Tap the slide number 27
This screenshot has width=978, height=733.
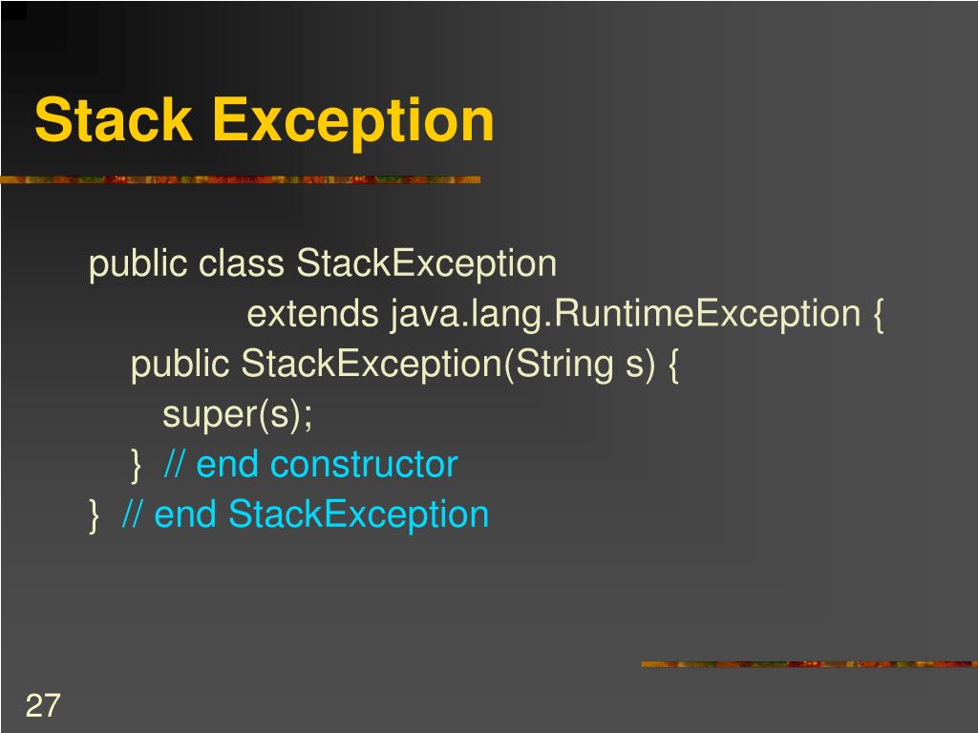click(43, 706)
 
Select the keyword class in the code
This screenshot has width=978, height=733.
click(242, 263)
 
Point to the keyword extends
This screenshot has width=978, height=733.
click(313, 314)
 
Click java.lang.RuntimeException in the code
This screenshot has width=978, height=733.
click(625, 314)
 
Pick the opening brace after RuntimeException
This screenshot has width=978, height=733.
click(877, 315)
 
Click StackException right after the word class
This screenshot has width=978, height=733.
click(426, 263)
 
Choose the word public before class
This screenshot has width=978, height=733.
click(138, 263)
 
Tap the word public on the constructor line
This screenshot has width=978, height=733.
click(181, 365)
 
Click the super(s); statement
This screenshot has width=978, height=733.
click(238, 415)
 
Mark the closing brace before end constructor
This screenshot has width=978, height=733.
click(136, 466)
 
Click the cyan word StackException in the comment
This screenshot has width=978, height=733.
click(358, 515)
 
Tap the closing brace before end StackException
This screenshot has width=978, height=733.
click(94, 516)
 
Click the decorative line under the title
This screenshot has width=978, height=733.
click(239, 178)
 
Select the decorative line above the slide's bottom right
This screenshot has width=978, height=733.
click(808, 663)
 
